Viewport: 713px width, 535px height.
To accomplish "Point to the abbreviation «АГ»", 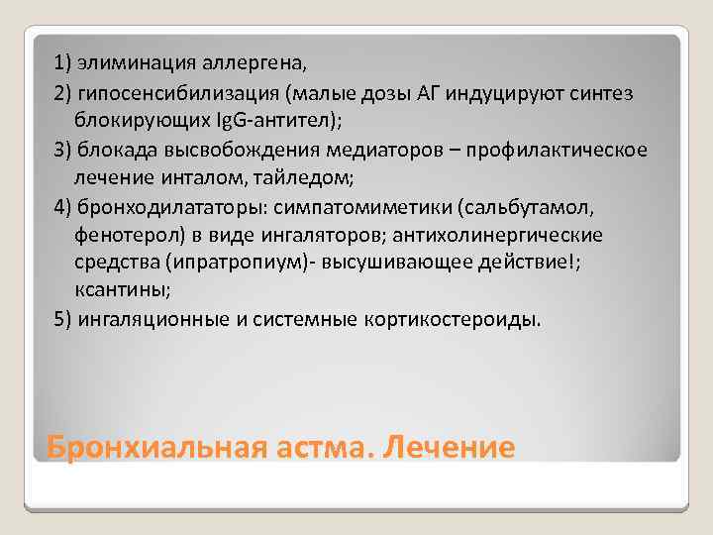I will pyautogui.click(x=427, y=93).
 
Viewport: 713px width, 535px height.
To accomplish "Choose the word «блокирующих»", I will pyautogui.click(x=133, y=121).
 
